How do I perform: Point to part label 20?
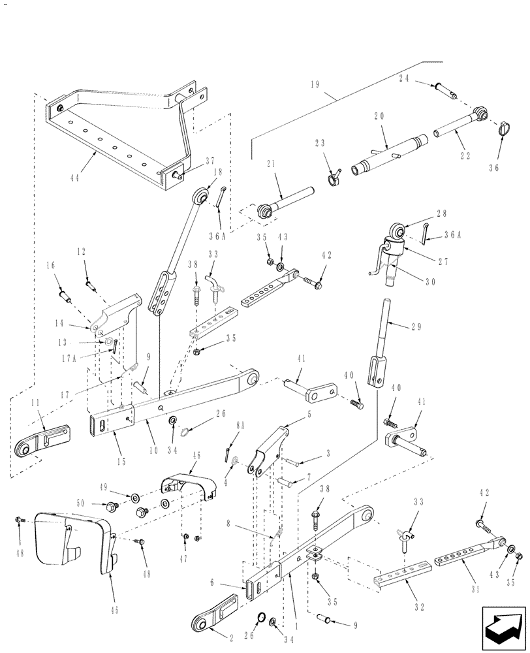(x=380, y=116)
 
